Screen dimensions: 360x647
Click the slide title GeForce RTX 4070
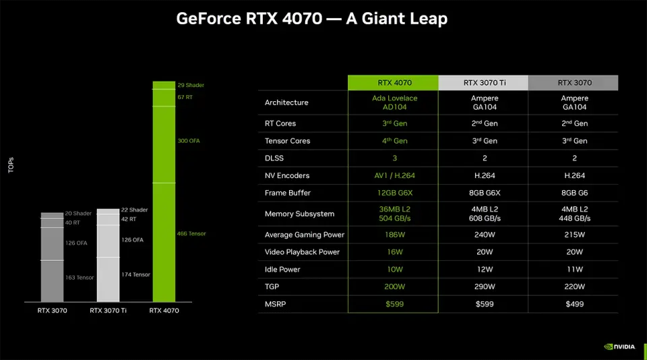pyautogui.click(x=311, y=18)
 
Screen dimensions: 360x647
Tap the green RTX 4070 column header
pyautogui.click(x=394, y=83)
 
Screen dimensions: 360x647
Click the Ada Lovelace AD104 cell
pyautogui.click(x=394, y=102)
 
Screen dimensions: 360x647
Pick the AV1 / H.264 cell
pyautogui.click(x=394, y=176)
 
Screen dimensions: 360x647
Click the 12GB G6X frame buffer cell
pyautogui.click(x=394, y=193)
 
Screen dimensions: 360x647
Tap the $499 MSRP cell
pyautogui.click(x=574, y=304)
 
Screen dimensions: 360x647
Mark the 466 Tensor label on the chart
pyautogui.click(x=191, y=234)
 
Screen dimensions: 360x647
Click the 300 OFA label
pyautogui.click(x=189, y=141)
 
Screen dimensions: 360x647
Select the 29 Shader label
pyautogui.click(x=191, y=86)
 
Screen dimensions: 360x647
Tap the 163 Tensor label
pyautogui.click(x=80, y=278)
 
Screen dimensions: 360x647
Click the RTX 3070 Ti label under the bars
pyautogui.click(x=109, y=311)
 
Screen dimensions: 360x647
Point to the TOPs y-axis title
pyautogui.click(x=11, y=166)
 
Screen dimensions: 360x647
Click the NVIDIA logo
pyautogui.click(x=619, y=347)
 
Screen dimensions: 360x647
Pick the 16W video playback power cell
pyautogui.click(x=394, y=252)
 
